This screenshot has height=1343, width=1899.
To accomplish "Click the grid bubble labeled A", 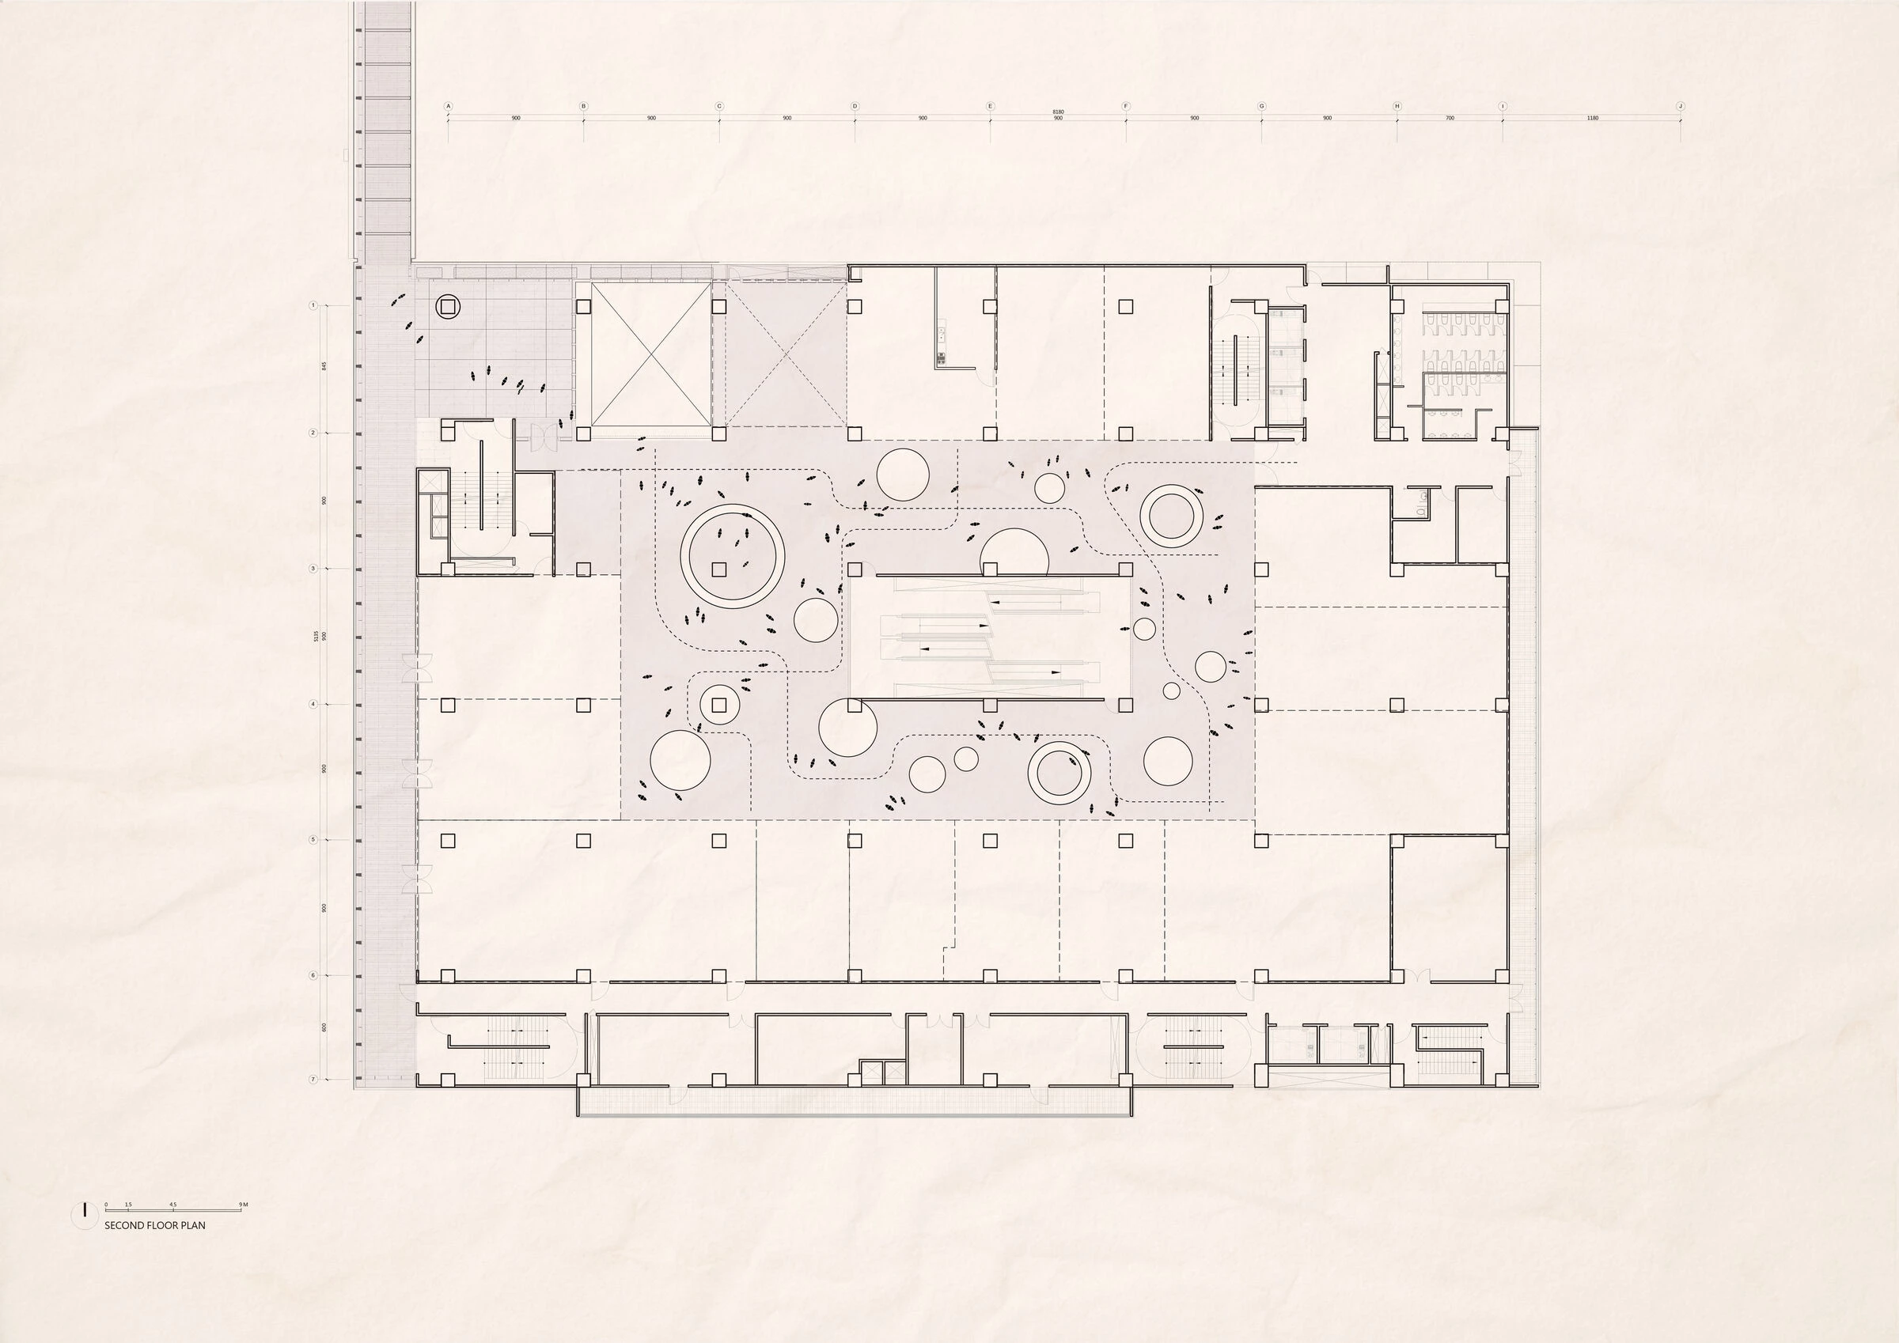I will tap(449, 106).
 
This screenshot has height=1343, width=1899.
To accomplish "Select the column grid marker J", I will tap(1680, 106).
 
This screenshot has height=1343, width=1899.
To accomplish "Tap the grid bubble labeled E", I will tap(990, 106).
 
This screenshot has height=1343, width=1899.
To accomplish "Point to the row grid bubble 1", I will tap(313, 306).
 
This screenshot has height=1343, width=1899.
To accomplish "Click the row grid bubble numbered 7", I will tap(313, 1079).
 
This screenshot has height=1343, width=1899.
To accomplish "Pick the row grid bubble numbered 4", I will tap(313, 705).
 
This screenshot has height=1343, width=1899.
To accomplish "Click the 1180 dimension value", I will tap(1592, 119).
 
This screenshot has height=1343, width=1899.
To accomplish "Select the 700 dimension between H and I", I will tap(1450, 119).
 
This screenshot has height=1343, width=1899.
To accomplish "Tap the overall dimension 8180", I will tap(1058, 112).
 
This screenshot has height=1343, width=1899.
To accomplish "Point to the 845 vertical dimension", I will tap(324, 365).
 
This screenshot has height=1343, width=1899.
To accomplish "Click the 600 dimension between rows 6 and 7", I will tap(324, 1027).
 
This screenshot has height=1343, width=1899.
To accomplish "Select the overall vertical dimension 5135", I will tap(316, 636).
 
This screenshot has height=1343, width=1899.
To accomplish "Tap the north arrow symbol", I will tap(85, 1211).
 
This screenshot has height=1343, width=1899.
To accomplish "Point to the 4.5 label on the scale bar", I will tap(172, 1205).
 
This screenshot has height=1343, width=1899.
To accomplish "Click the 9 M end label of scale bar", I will tap(244, 1205).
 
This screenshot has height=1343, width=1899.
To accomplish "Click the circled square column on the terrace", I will tap(448, 307).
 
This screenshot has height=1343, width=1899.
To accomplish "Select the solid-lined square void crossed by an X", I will tap(643, 354).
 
